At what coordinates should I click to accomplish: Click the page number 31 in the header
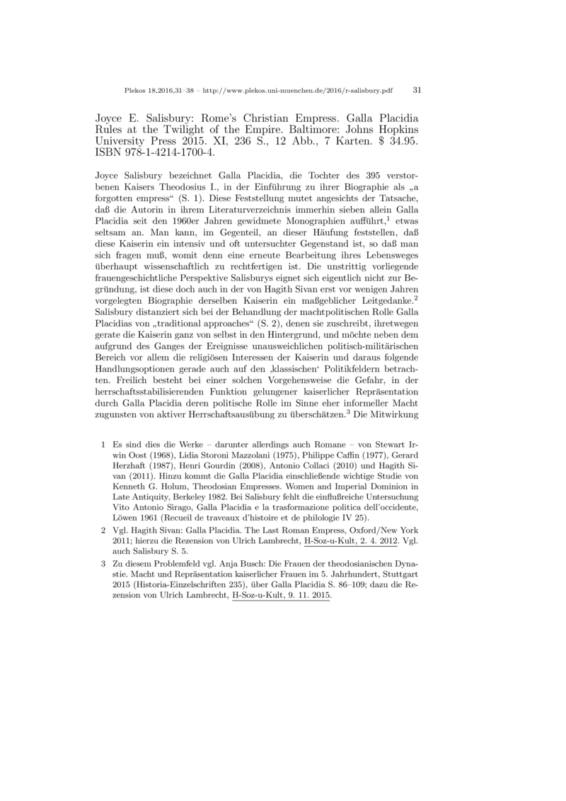(416, 91)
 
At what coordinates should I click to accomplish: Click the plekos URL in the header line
(298, 91)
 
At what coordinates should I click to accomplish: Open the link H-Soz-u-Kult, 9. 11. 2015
(281, 596)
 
